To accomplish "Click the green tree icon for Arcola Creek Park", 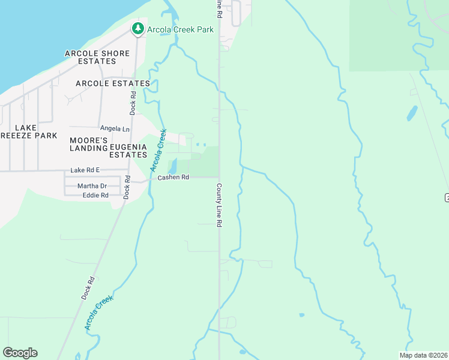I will click(138, 28).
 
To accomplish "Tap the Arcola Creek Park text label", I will click(179, 29).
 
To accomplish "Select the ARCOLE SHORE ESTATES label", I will click(97, 58).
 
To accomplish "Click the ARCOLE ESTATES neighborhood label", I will click(113, 83).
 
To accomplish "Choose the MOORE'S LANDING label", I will click(88, 144).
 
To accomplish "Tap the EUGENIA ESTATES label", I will click(128, 151).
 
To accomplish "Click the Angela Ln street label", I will click(115, 128).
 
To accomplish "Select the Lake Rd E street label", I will click(85, 170).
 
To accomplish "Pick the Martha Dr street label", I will click(92, 186).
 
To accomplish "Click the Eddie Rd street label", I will click(95, 195).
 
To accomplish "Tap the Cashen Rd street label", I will click(173, 178).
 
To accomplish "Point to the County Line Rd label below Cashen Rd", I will click(220, 205).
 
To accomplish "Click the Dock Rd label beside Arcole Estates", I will click(133, 103).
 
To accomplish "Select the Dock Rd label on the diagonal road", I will click(88, 288).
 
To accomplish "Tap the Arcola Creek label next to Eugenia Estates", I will click(158, 149).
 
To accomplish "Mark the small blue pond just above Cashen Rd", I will click(172, 166).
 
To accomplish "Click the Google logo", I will click(20, 353).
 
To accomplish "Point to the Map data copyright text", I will click(423, 355).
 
